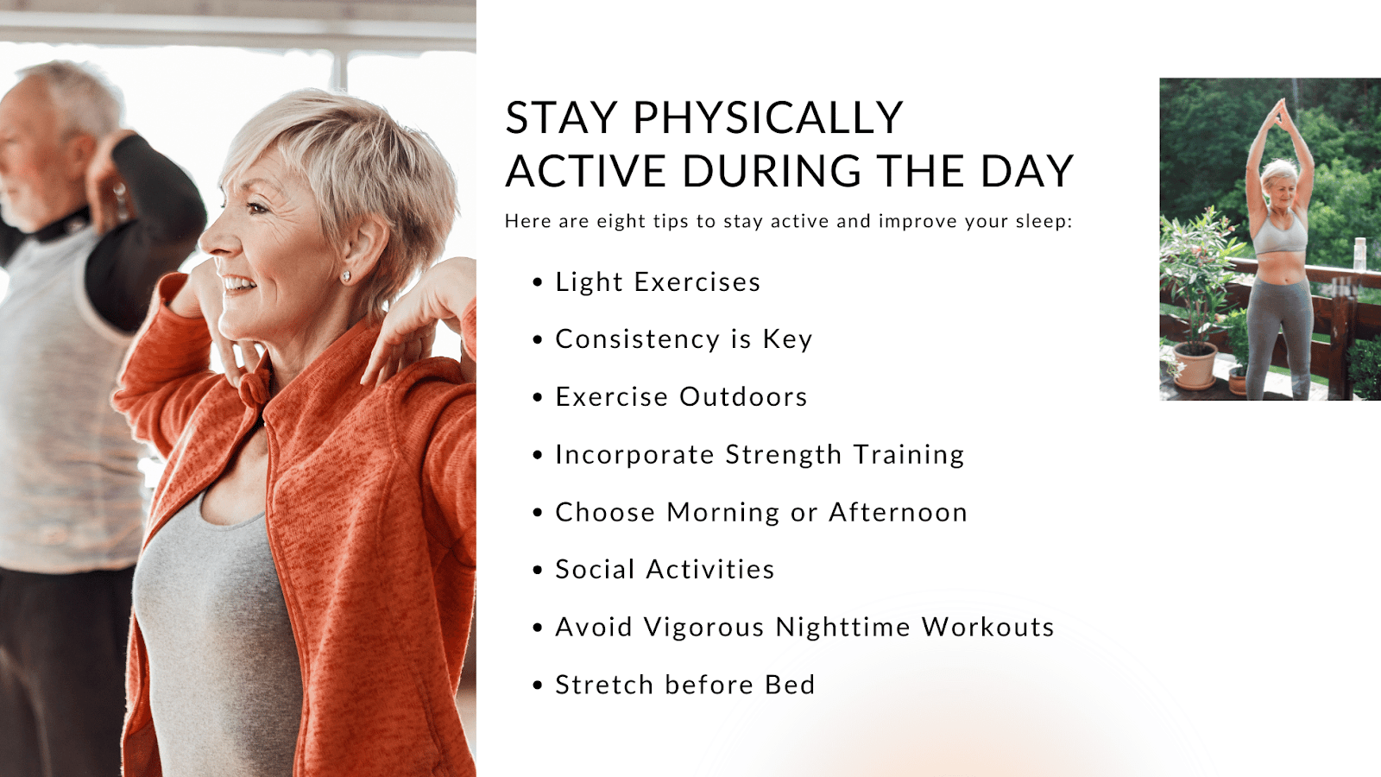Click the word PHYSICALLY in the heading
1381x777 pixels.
tap(767, 117)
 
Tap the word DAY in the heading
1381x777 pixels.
tap(1028, 171)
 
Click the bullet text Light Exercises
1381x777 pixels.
tap(658, 281)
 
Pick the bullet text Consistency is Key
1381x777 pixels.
tap(684, 339)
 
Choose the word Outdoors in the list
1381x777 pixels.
tap(743, 396)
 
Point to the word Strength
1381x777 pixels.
tap(783, 455)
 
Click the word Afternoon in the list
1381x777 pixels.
tap(898, 512)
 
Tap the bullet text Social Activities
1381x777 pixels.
tap(665, 569)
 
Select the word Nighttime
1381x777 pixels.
tap(842, 627)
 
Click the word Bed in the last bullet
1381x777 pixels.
tap(790, 685)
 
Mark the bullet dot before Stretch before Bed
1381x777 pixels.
tap(538, 685)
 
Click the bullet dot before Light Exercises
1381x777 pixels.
tap(538, 281)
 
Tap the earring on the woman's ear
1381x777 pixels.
tap(346, 276)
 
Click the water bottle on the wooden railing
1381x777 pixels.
tap(1359, 254)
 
